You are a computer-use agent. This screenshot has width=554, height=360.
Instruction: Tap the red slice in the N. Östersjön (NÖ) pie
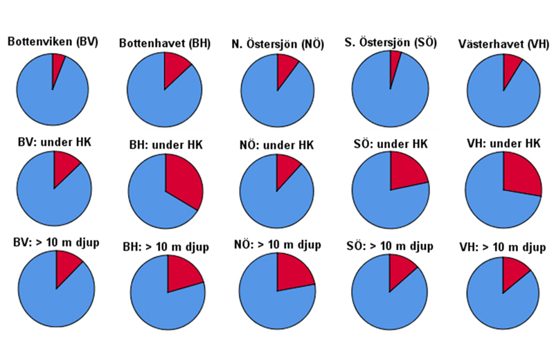(x=285, y=66)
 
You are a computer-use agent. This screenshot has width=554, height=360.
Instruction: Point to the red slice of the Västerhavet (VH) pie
(x=511, y=66)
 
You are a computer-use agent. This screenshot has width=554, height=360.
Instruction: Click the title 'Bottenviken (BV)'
(x=53, y=42)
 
